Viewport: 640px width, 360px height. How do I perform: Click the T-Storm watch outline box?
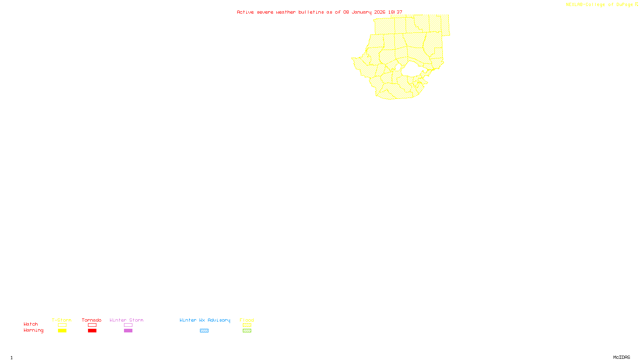(x=62, y=325)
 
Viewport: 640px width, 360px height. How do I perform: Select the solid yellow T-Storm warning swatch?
(x=62, y=331)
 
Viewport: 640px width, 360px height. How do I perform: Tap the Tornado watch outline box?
(x=92, y=325)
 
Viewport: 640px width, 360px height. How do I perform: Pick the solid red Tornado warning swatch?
(x=92, y=331)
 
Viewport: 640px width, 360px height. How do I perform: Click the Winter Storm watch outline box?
(x=128, y=325)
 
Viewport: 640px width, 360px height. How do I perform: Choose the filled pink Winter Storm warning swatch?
(x=128, y=331)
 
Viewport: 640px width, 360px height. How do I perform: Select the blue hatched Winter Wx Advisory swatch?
(x=204, y=331)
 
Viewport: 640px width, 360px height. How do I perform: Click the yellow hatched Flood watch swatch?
(x=247, y=325)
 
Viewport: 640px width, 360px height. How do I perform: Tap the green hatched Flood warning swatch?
(x=247, y=331)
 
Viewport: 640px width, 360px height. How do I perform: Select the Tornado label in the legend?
(x=92, y=320)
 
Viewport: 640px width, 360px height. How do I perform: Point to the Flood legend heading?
(x=247, y=320)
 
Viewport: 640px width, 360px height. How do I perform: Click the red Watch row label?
(x=31, y=324)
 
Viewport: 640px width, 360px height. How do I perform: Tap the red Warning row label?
(x=34, y=330)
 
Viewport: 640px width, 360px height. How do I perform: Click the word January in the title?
(x=362, y=12)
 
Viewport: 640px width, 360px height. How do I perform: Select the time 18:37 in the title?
(x=395, y=12)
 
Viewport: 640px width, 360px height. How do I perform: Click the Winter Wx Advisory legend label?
(x=205, y=320)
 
